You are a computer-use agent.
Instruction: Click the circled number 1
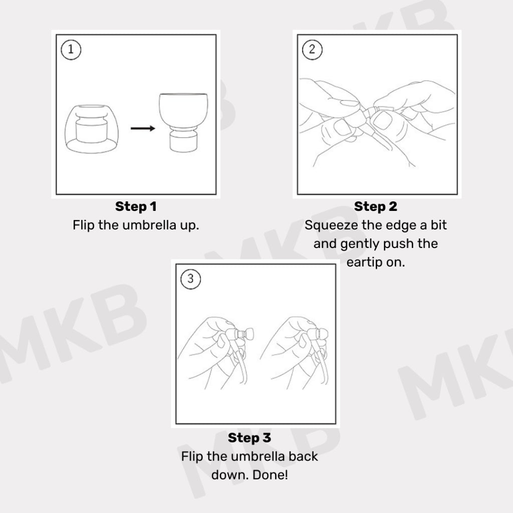point(71,50)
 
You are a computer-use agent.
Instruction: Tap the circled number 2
point(312,50)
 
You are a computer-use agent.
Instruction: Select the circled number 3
point(190,279)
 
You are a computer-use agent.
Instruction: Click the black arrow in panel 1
point(143,128)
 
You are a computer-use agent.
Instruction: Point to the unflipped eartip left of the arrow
point(92,129)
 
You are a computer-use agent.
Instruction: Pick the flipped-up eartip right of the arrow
point(183,122)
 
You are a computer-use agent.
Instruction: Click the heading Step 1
point(136,206)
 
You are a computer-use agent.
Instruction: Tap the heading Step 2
point(376,206)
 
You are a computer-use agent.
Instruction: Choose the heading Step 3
point(249,438)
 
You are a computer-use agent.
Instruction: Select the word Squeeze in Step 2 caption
point(332,225)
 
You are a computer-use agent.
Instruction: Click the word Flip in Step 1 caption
point(84,225)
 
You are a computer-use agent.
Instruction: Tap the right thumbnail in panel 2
point(382,120)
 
